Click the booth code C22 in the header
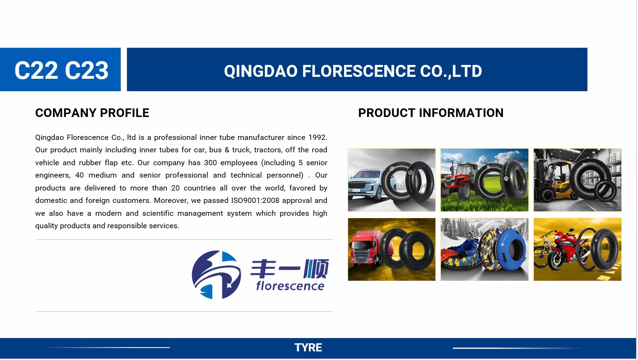click(x=36, y=70)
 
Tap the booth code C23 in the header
click(x=86, y=70)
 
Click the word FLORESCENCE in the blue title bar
click(x=358, y=71)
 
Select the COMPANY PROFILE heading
click(x=92, y=113)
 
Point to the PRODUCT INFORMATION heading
click(x=430, y=113)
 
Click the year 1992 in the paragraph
click(x=317, y=138)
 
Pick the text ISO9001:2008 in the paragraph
click(x=255, y=201)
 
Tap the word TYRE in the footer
click(x=308, y=348)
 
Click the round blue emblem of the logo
click(x=216, y=275)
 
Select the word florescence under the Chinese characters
click(x=290, y=286)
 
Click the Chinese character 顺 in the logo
click(x=316, y=268)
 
